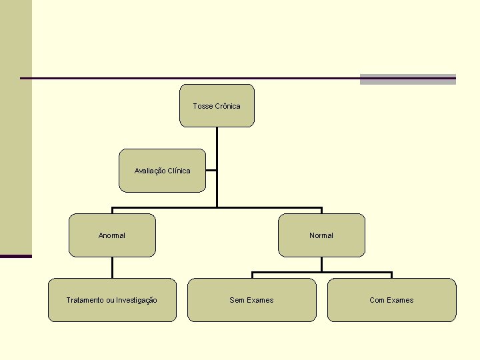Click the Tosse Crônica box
tap(217, 105)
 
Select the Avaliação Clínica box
tap(162, 171)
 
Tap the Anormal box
tap(112, 235)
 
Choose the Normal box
tap(321, 235)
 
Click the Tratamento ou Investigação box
tap(112, 300)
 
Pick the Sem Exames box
tap(251, 300)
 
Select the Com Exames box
tap(391, 300)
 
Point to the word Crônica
tap(227, 106)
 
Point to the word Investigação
tap(137, 300)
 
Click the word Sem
tap(237, 300)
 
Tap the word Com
tap(377, 300)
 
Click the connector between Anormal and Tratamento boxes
tap(112, 267)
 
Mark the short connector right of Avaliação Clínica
tap(211, 171)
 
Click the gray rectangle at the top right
tap(407, 79)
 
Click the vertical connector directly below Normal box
tap(321, 264)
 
